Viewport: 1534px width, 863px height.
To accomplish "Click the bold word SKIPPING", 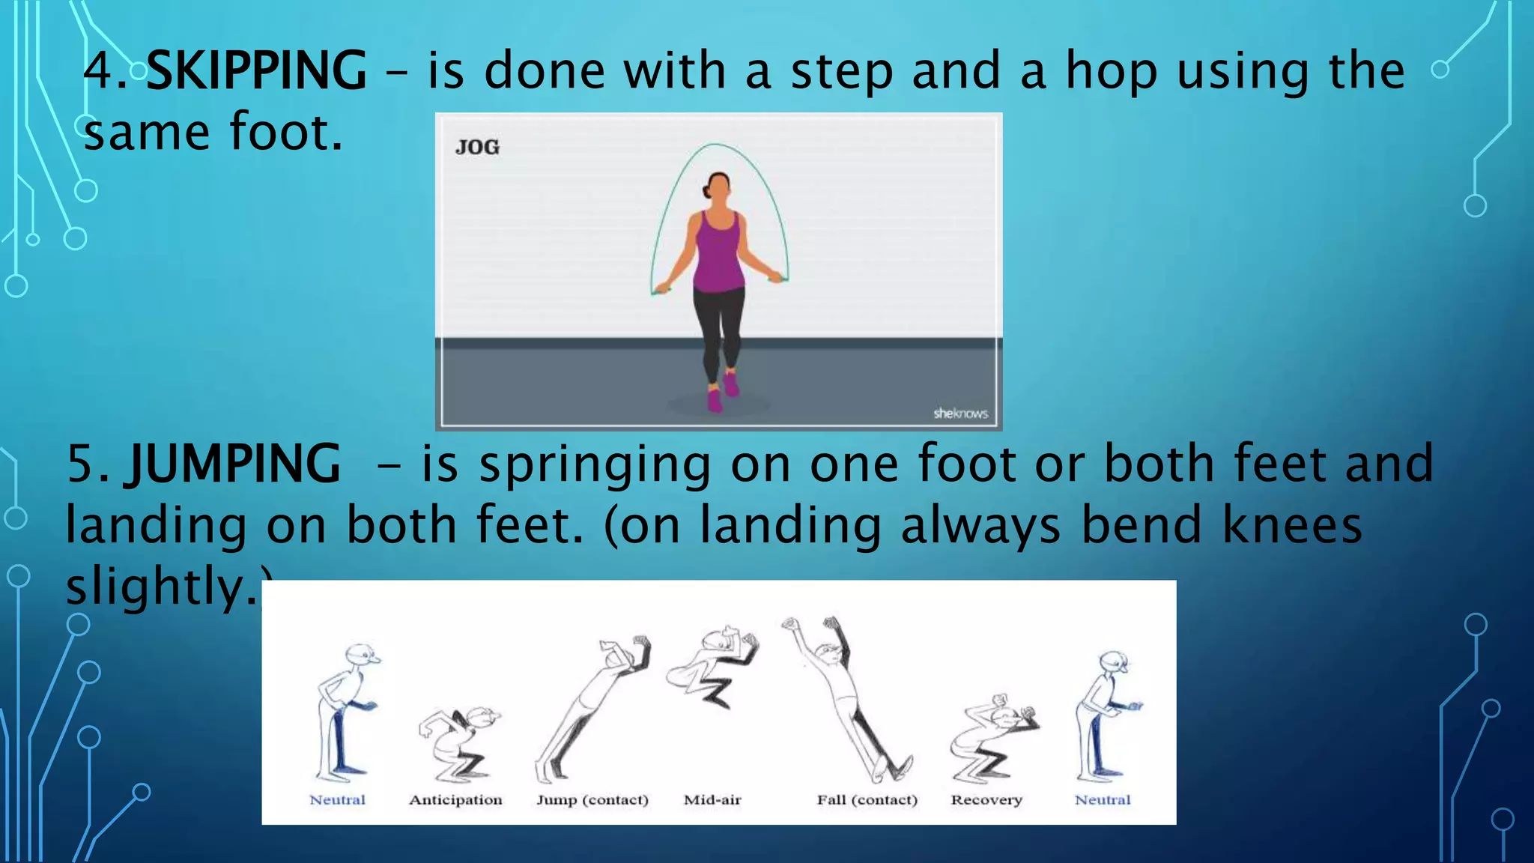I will pyautogui.click(x=256, y=71).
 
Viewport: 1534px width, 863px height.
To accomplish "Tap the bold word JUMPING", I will pyautogui.click(x=236, y=464).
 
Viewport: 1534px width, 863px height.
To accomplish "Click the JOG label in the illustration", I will pyautogui.click(x=477, y=147).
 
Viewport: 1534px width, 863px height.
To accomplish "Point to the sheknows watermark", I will pyautogui.click(x=960, y=414).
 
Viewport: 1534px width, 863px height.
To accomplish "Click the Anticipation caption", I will pyautogui.click(x=455, y=800).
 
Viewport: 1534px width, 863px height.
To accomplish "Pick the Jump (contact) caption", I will pyautogui.click(x=592, y=800).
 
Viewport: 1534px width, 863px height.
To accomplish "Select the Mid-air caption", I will pyautogui.click(x=712, y=800).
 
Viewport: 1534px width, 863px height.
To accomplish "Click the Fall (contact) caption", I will pyautogui.click(x=867, y=800).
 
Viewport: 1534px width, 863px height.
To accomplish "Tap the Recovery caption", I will pyautogui.click(x=986, y=800).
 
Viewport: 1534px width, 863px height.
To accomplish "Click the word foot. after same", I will pyautogui.click(x=286, y=132).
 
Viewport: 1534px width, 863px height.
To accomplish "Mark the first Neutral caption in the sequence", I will pyautogui.click(x=337, y=800).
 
